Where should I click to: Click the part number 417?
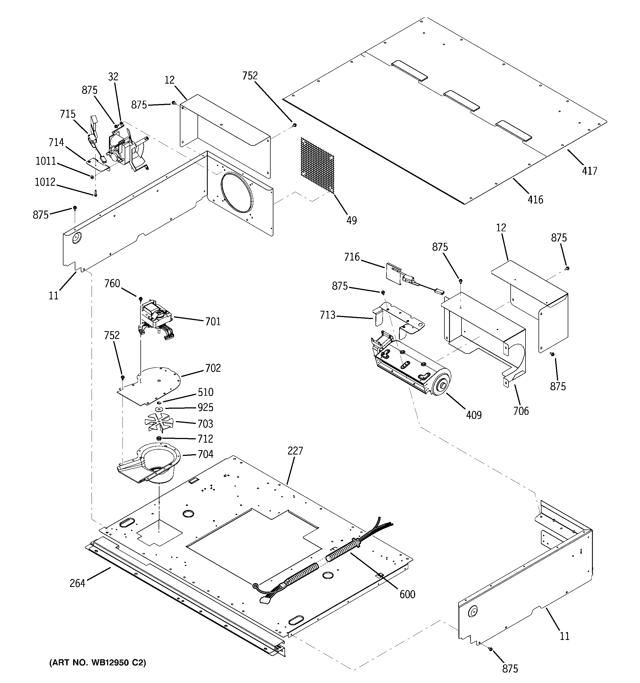(x=590, y=171)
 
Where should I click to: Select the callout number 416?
(x=535, y=199)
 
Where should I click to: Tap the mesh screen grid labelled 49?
(x=317, y=164)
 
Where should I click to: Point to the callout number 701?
(x=213, y=321)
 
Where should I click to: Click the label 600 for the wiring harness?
(x=407, y=594)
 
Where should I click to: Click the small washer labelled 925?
(x=159, y=409)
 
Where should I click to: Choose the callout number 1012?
(x=45, y=182)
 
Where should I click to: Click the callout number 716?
(x=352, y=257)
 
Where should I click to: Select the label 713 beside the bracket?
(x=327, y=315)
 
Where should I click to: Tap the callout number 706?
(x=521, y=411)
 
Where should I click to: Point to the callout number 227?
(x=295, y=451)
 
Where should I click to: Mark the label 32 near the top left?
(x=113, y=77)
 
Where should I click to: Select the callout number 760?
(x=112, y=283)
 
